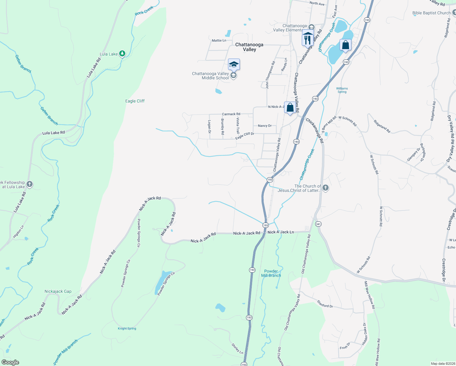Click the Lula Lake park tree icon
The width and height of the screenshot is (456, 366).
point(122,54)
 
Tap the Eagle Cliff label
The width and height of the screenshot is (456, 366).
point(135,101)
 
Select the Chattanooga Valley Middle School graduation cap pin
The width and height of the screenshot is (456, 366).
point(234,64)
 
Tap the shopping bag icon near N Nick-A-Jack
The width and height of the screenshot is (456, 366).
point(290,107)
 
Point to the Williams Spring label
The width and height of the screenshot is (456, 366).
point(342,90)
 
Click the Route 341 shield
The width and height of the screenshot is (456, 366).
point(318,224)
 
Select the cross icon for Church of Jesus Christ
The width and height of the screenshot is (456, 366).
point(326,188)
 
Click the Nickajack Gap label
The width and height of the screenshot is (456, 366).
point(58,291)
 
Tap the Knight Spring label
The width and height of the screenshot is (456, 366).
point(127,328)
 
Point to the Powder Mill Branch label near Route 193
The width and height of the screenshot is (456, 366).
point(271,273)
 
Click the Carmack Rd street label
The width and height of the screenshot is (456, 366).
point(231,114)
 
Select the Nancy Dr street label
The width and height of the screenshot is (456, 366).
point(265,126)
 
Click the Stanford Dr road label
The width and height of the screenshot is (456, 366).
point(325,304)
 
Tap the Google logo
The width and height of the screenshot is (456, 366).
point(10,362)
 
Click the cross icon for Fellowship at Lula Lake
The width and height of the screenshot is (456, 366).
point(30,184)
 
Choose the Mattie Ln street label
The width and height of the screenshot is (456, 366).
point(219,40)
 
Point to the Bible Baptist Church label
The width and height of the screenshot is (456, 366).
point(431,13)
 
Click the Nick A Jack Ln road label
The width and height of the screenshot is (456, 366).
point(280,232)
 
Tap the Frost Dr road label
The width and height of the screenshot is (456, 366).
point(345,346)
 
